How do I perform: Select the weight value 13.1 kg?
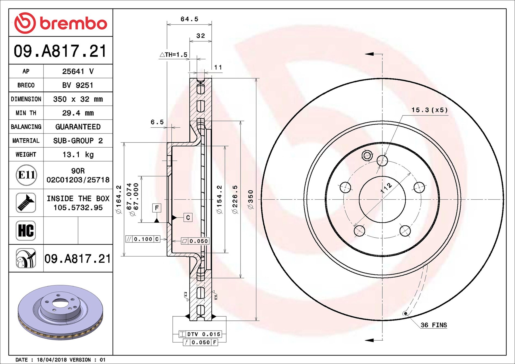pos(78,155)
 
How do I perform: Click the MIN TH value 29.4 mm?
pos(78,113)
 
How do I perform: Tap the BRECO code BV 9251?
pos(78,85)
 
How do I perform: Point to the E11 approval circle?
pos(26,175)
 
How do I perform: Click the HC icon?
pos(26,231)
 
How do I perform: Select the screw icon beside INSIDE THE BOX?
pos(26,203)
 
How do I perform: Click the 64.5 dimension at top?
pos(189,19)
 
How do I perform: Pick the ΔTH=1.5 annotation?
pos(174,55)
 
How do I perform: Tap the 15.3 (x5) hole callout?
pos(429,110)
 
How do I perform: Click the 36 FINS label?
pos(434,325)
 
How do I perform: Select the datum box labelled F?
pos(157,208)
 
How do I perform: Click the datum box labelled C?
pos(188,217)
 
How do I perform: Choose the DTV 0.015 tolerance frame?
pos(200,334)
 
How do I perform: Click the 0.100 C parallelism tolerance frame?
pos(143,239)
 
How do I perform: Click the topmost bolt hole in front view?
pos(382,161)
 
